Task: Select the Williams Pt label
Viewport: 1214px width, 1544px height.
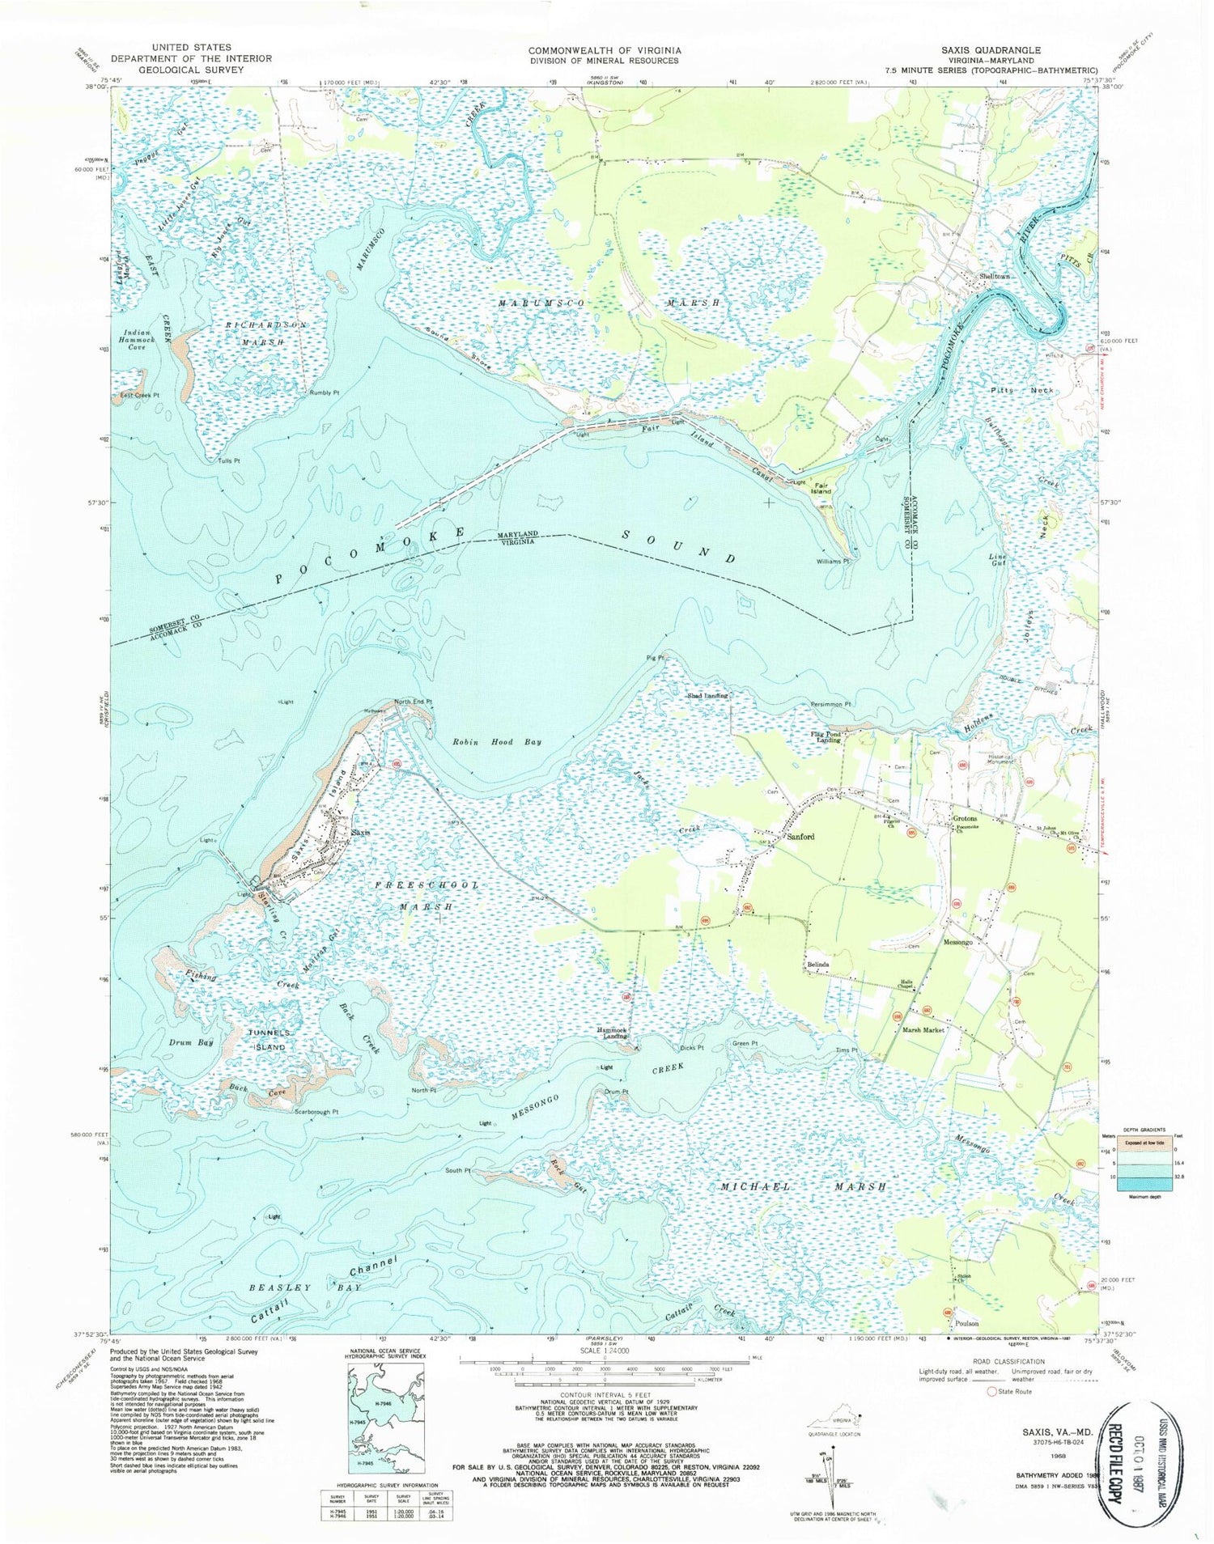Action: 833,560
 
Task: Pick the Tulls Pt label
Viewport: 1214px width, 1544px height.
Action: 229,460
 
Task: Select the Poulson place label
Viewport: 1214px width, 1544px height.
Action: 966,1323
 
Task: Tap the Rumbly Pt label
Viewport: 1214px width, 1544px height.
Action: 324,392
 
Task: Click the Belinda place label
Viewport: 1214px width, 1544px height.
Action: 817,965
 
